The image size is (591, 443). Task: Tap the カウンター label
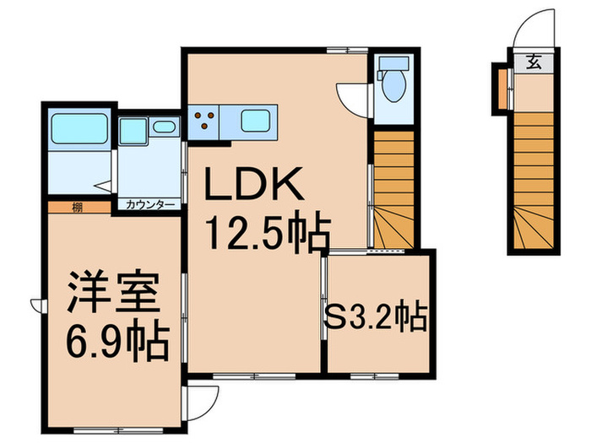(x=150, y=205)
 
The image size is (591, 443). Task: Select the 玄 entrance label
(x=534, y=61)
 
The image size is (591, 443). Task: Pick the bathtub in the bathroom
(x=78, y=129)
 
